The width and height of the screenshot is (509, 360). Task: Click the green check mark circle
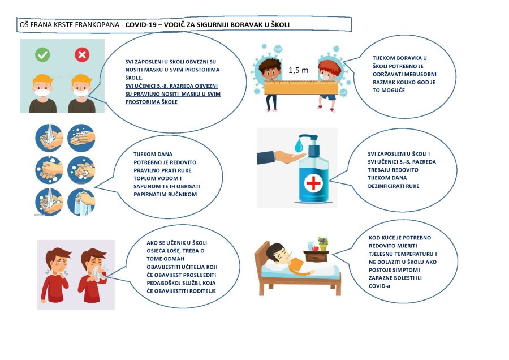pos(42,55)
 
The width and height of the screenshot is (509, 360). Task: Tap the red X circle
pos(82,55)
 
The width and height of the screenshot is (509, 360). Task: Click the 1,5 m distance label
pos(298,71)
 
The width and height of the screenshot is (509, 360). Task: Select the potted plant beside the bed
pos(323,243)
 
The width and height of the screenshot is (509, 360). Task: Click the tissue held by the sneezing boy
pos(98,275)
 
